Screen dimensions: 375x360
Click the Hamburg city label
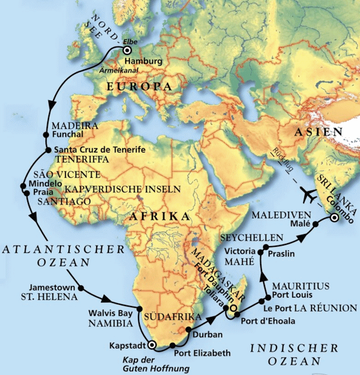pyautogui.click(x=143, y=61)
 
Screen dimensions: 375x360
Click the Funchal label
pyautogui.click(x=67, y=134)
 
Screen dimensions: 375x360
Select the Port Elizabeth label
pyautogui.click(x=202, y=353)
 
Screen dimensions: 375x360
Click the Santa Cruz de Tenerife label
pyautogui.click(x=99, y=149)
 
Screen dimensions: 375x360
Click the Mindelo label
pyautogui.click(x=43, y=183)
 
